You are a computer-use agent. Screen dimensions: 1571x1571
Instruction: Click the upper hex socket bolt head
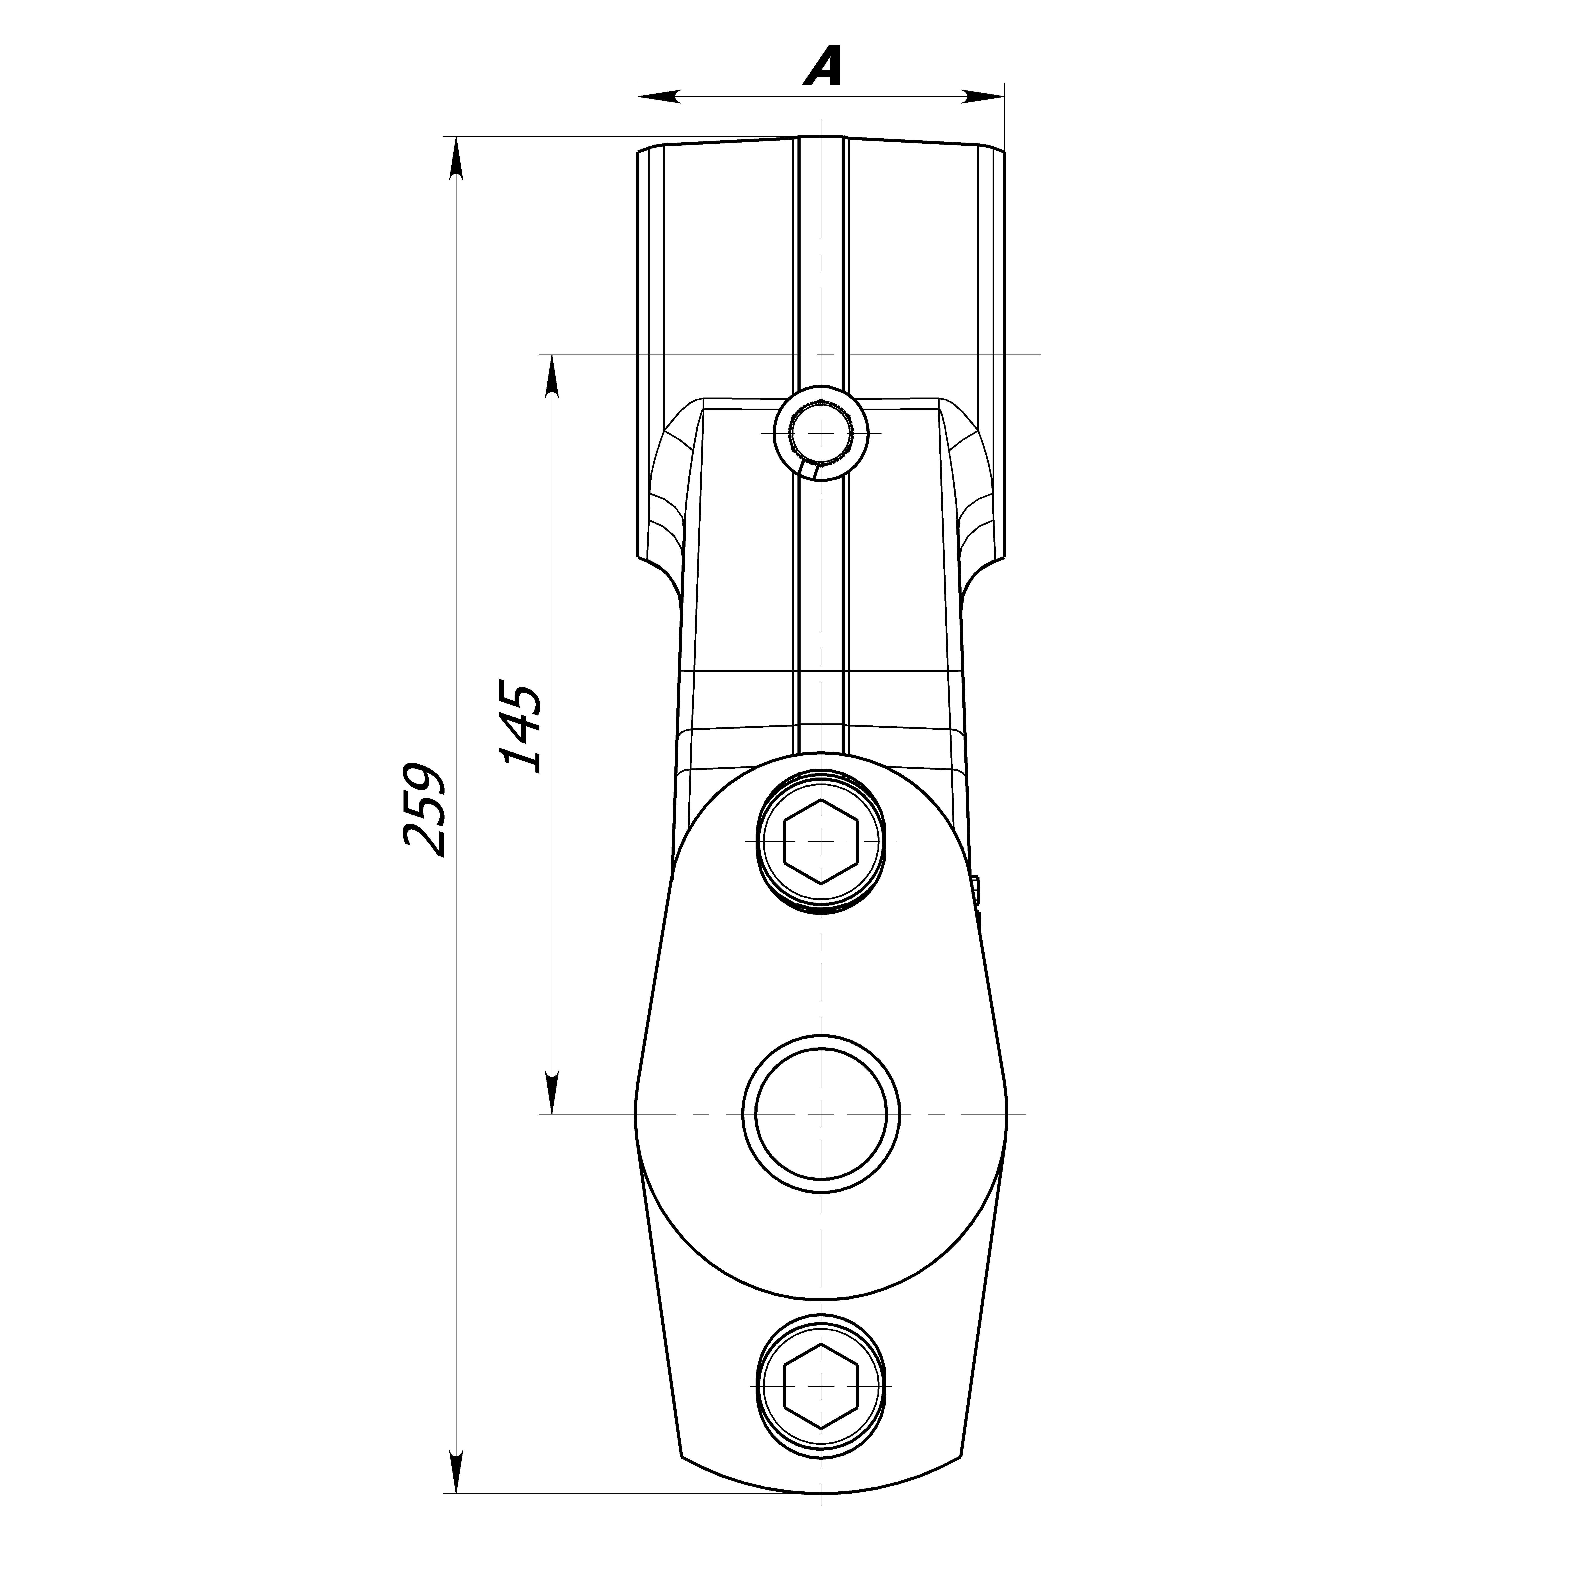tap(821, 842)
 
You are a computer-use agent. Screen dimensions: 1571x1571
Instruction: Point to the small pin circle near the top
tap(821, 433)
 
